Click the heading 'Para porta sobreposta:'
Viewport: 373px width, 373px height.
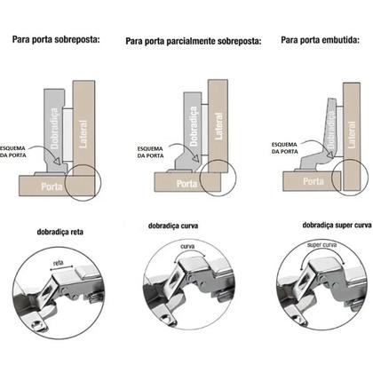pos(55,40)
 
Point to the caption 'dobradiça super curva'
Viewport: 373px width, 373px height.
pos(316,226)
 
